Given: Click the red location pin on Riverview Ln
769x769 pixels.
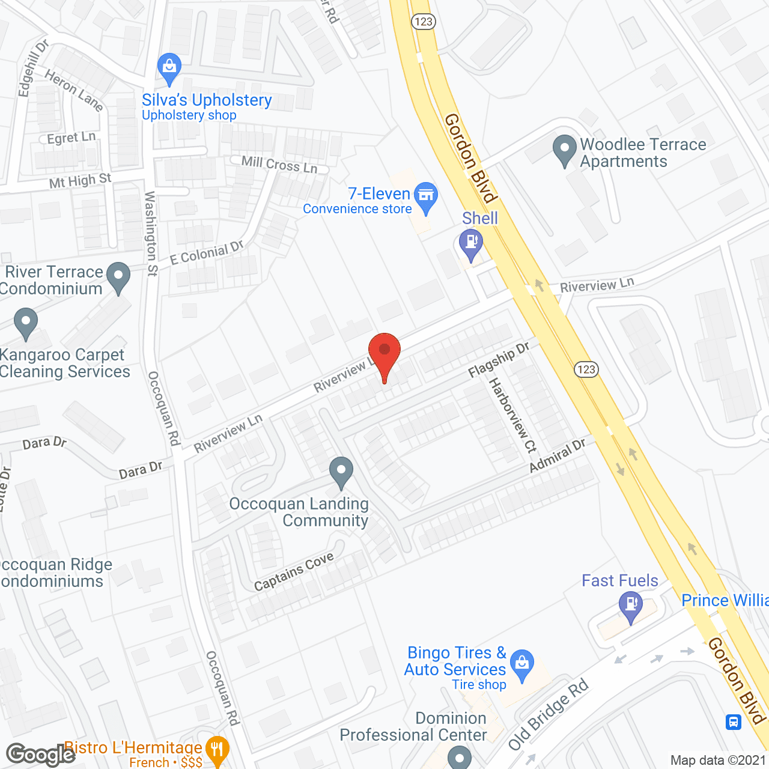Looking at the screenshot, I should tap(384, 351).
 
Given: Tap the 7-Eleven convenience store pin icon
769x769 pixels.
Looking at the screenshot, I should tap(426, 196).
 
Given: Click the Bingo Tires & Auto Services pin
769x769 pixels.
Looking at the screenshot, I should tap(522, 663).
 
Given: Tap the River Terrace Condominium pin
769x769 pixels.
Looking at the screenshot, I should tap(118, 277).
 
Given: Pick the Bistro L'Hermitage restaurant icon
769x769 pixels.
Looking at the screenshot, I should tap(216, 750).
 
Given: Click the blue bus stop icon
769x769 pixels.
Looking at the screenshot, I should tap(734, 722).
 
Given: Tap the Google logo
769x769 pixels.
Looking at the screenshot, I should tap(40, 755).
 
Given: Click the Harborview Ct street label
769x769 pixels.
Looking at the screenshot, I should tap(512, 415).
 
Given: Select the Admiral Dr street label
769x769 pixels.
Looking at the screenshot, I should tap(557, 455).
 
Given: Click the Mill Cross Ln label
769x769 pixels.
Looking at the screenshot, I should tap(279, 164).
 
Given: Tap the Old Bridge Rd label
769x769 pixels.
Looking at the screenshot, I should tap(547, 716).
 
